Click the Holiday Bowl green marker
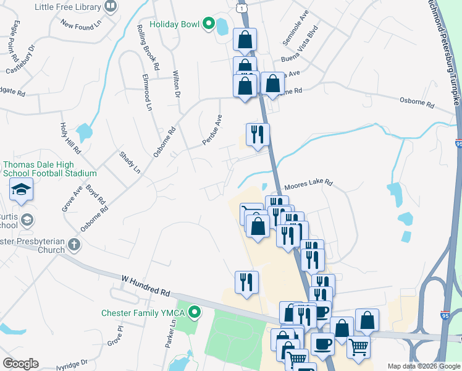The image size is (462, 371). pos(208,24)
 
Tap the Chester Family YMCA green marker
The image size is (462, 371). pos(195,312)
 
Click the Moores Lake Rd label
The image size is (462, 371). pos(308,184)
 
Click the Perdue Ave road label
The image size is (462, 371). pos(212,130)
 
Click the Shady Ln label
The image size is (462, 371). pos(130,162)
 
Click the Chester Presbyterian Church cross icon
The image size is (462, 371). pos(73,244)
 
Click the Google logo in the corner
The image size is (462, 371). pos(20,363)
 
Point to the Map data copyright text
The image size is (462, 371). pos(424,366)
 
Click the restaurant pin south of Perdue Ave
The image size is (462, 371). pos(257,134)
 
